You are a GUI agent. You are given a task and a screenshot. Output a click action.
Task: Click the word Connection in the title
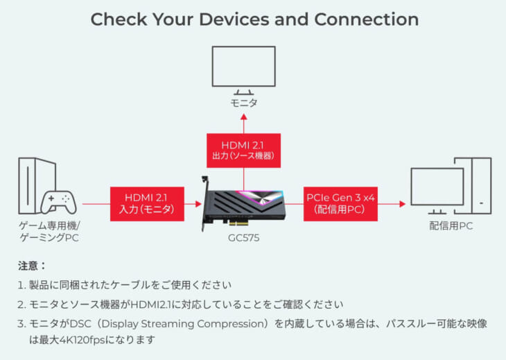pyautogui.click(x=366, y=19)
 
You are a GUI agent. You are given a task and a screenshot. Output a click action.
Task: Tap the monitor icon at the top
pyautogui.click(x=243, y=69)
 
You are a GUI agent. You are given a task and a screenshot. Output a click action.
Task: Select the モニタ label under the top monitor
pyautogui.click(x=243, y=103)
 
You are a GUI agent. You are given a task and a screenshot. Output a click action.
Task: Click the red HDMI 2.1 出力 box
pyautogui.click(x=243, y=151)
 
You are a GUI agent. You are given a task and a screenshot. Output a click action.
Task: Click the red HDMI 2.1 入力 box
pyautogui.click(x=146, y=203)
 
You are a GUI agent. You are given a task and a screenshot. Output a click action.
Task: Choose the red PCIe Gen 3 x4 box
pyautogui.click(x=340, y=203)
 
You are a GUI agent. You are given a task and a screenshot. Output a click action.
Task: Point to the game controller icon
pyautogui.click(x=58, y=202)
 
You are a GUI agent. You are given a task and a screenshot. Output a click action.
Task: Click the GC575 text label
pyautogui.click(x=245, y=237)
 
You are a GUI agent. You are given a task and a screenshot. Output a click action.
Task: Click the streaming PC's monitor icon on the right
pyautogui.click(x=437, y=189)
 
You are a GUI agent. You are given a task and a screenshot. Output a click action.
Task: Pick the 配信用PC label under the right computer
pyautogui.click(x=451, y=227)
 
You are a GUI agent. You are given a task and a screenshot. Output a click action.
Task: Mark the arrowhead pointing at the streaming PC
pyautogui.click(x=401, y=204)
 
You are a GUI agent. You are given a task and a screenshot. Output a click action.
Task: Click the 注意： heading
pyautogui.click(x=32, y=265)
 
